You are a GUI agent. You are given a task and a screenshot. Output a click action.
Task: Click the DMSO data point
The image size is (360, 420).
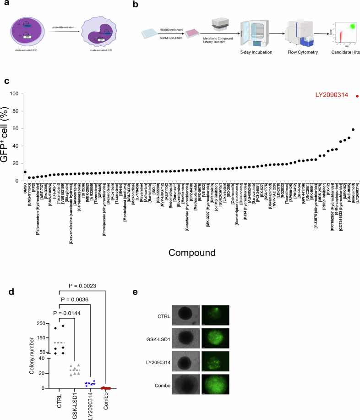point(25,172)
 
